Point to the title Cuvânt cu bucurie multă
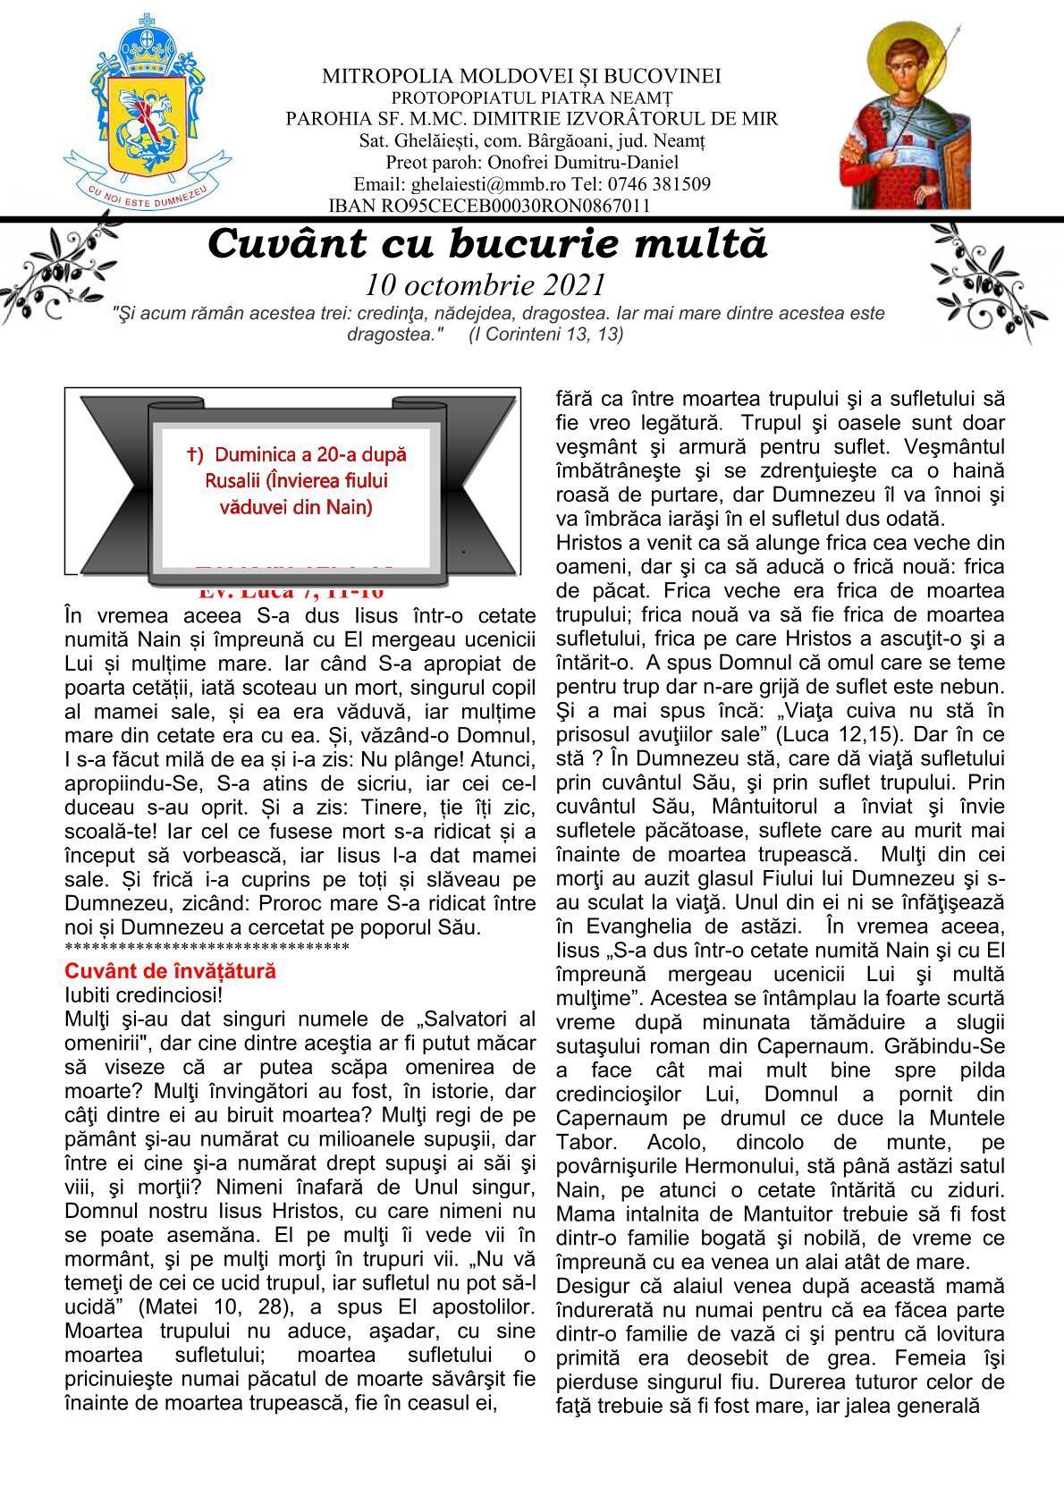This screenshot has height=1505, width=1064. click(487, 244)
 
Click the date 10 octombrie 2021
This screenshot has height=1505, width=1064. click(486, 285)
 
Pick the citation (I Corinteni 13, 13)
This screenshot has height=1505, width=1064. click(546, 334)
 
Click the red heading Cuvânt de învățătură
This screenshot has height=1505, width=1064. click(171, 971)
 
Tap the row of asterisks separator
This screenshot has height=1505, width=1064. click(207, 948)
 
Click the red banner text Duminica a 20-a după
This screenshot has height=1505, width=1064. click(297, 454)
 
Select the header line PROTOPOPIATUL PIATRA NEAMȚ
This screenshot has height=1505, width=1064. click(532, 97)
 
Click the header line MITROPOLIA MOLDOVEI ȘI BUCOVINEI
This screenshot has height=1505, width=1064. click(521, 76)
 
